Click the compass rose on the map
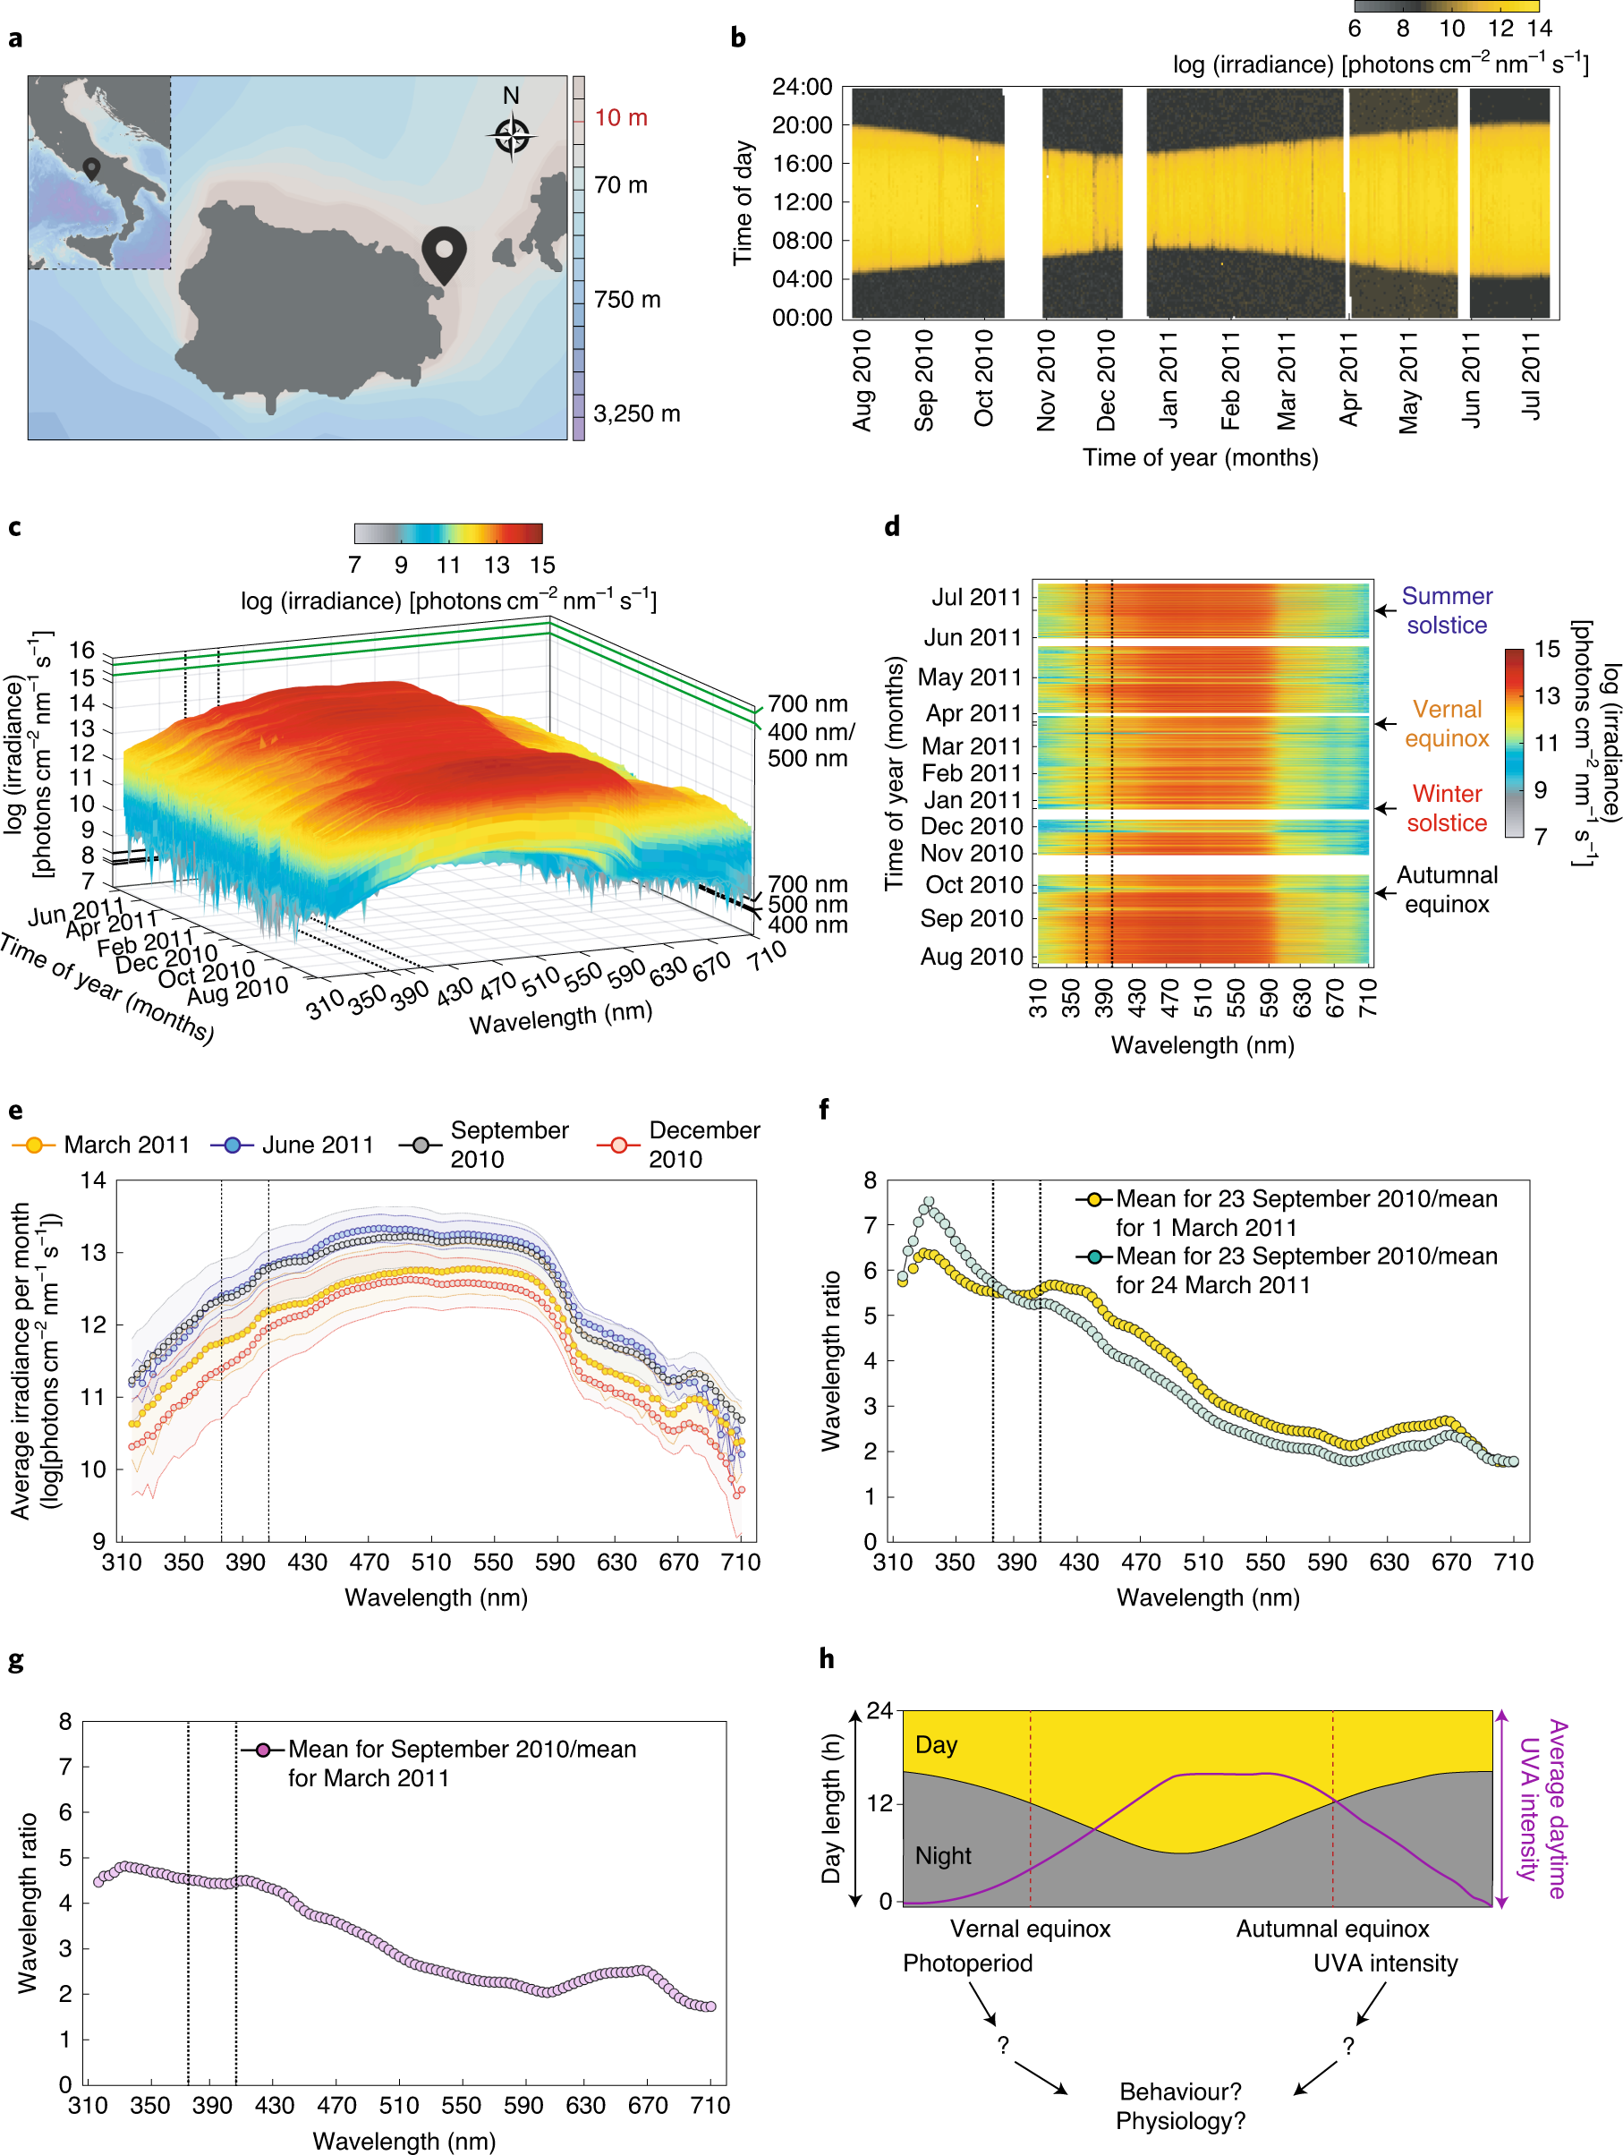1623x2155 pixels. [512, 135]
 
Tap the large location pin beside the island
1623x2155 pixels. [443, 252]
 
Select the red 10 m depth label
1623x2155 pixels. [621, 118]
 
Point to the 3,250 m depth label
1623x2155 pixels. [636, 414]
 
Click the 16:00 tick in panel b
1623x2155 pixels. [802, 164]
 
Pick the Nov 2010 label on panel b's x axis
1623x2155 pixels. [1045, 380]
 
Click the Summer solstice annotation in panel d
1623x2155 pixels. [1446, 609]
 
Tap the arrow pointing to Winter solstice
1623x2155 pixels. [1384, 807]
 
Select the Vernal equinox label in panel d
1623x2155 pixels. [1446, 724]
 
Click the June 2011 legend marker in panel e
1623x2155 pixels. [232, 1145]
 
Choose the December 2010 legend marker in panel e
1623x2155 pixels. [617, 1145]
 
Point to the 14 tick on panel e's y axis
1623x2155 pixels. [94, 1180]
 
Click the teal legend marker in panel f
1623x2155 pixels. [1095, 1256]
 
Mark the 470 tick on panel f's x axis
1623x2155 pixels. [1141, 1563]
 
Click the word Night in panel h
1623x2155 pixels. [942, 1856]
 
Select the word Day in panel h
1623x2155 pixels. [935, 1745]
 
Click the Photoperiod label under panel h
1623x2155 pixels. [966, 1963]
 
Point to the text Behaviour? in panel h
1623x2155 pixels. [1180, 2091]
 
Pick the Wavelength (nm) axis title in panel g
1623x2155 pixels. [404, 2141]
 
